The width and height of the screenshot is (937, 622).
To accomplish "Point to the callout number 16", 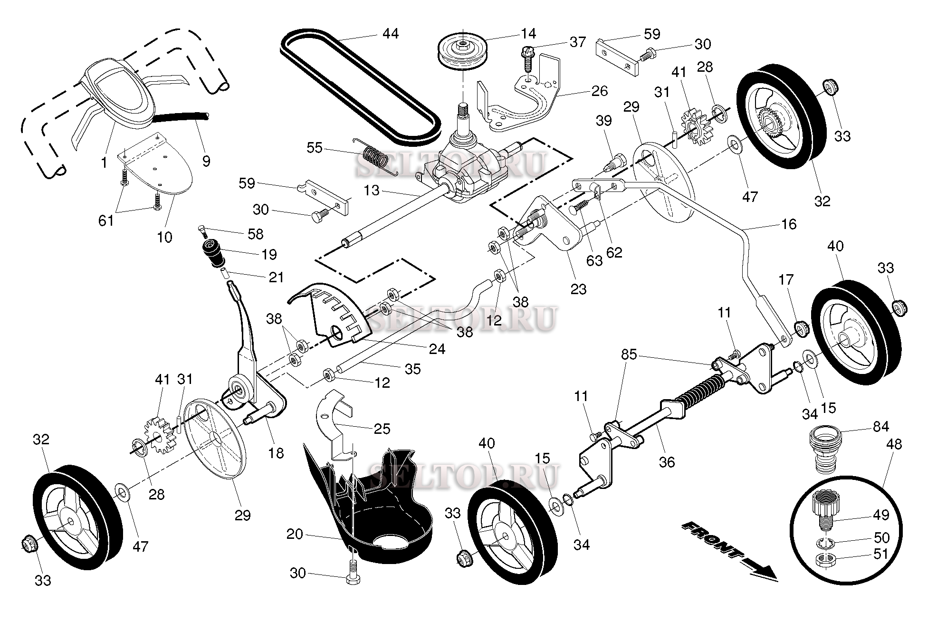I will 789,224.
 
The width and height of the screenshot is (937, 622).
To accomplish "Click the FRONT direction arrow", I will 727,551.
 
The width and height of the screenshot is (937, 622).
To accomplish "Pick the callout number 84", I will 880,426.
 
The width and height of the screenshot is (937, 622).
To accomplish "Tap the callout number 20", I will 295,535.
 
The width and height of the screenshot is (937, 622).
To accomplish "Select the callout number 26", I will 600,91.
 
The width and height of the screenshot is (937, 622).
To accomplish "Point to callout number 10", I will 164,237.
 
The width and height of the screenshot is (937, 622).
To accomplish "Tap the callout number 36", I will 667,461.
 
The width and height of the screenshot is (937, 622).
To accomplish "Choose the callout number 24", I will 437,349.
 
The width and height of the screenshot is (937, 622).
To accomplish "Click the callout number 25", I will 382,429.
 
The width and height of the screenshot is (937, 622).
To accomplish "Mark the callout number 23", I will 578,288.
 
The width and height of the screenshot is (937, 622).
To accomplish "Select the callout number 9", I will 206,161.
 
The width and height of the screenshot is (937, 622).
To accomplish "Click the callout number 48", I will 894,444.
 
